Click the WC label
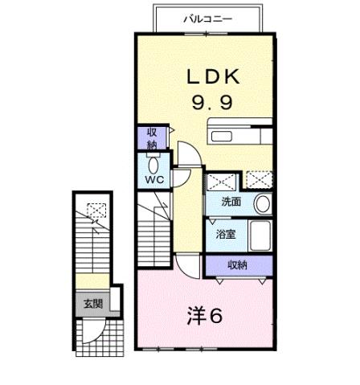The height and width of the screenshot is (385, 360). pos(154,180)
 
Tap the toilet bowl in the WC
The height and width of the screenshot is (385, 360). pos(153,162)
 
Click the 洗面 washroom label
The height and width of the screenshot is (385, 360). pos(232,203)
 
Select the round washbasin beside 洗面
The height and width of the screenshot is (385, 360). pos(262,203)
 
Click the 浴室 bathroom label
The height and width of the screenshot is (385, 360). pos(225,235)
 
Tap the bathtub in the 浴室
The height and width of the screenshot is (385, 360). pos(261,236)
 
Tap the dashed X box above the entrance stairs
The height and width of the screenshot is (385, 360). pos(96,211)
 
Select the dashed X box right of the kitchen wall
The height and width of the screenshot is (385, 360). pos(259,178)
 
